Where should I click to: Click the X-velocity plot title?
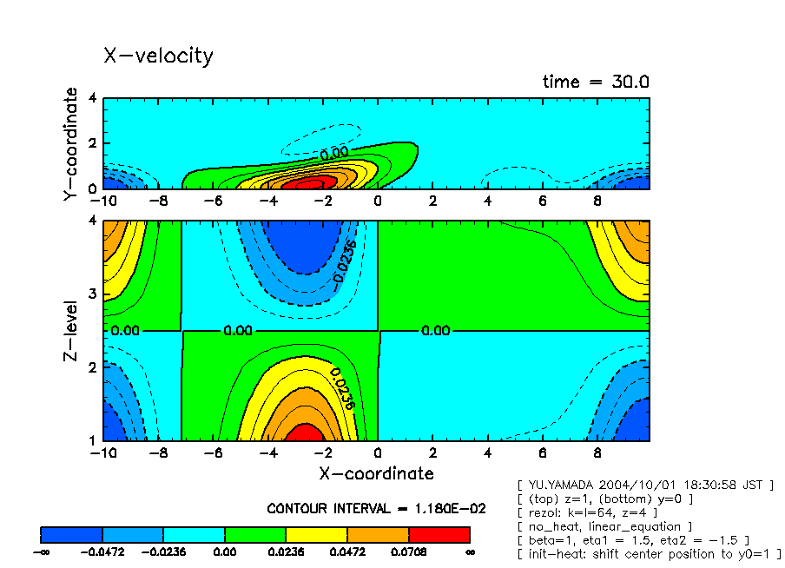(158, 56)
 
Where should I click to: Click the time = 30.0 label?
(596, 83)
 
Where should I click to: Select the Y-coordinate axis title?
(71, 145)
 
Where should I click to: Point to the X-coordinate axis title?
(375, 473)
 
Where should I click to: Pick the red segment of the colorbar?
(439, 534)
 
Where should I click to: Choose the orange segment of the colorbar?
(378, 534)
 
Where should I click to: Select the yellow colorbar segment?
(317, 534)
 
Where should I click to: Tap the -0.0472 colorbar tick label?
(102, 551)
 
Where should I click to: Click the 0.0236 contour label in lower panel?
(341, 387)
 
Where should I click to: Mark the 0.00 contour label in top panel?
(334, 153)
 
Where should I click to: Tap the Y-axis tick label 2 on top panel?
(93, 143)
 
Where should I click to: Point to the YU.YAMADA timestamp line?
(644, 485)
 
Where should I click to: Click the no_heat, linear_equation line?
(604, 526)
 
